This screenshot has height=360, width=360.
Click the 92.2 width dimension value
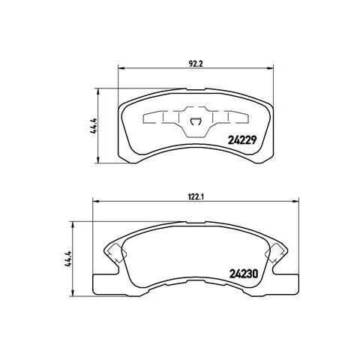coord(195,64)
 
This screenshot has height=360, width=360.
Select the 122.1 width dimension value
coord(196,196)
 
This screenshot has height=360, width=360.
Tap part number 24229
coord(242,140)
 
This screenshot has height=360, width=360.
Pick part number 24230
coord(243,274)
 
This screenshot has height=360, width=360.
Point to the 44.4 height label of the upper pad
coord(95,126)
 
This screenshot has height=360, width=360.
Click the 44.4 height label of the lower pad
coord(69,259)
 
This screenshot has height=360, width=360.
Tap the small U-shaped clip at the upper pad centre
coord(195,121)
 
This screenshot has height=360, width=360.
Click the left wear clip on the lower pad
coord(116,253)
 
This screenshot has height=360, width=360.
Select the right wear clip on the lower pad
coord(276,253)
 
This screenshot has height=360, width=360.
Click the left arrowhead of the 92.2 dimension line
coord(121,67)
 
